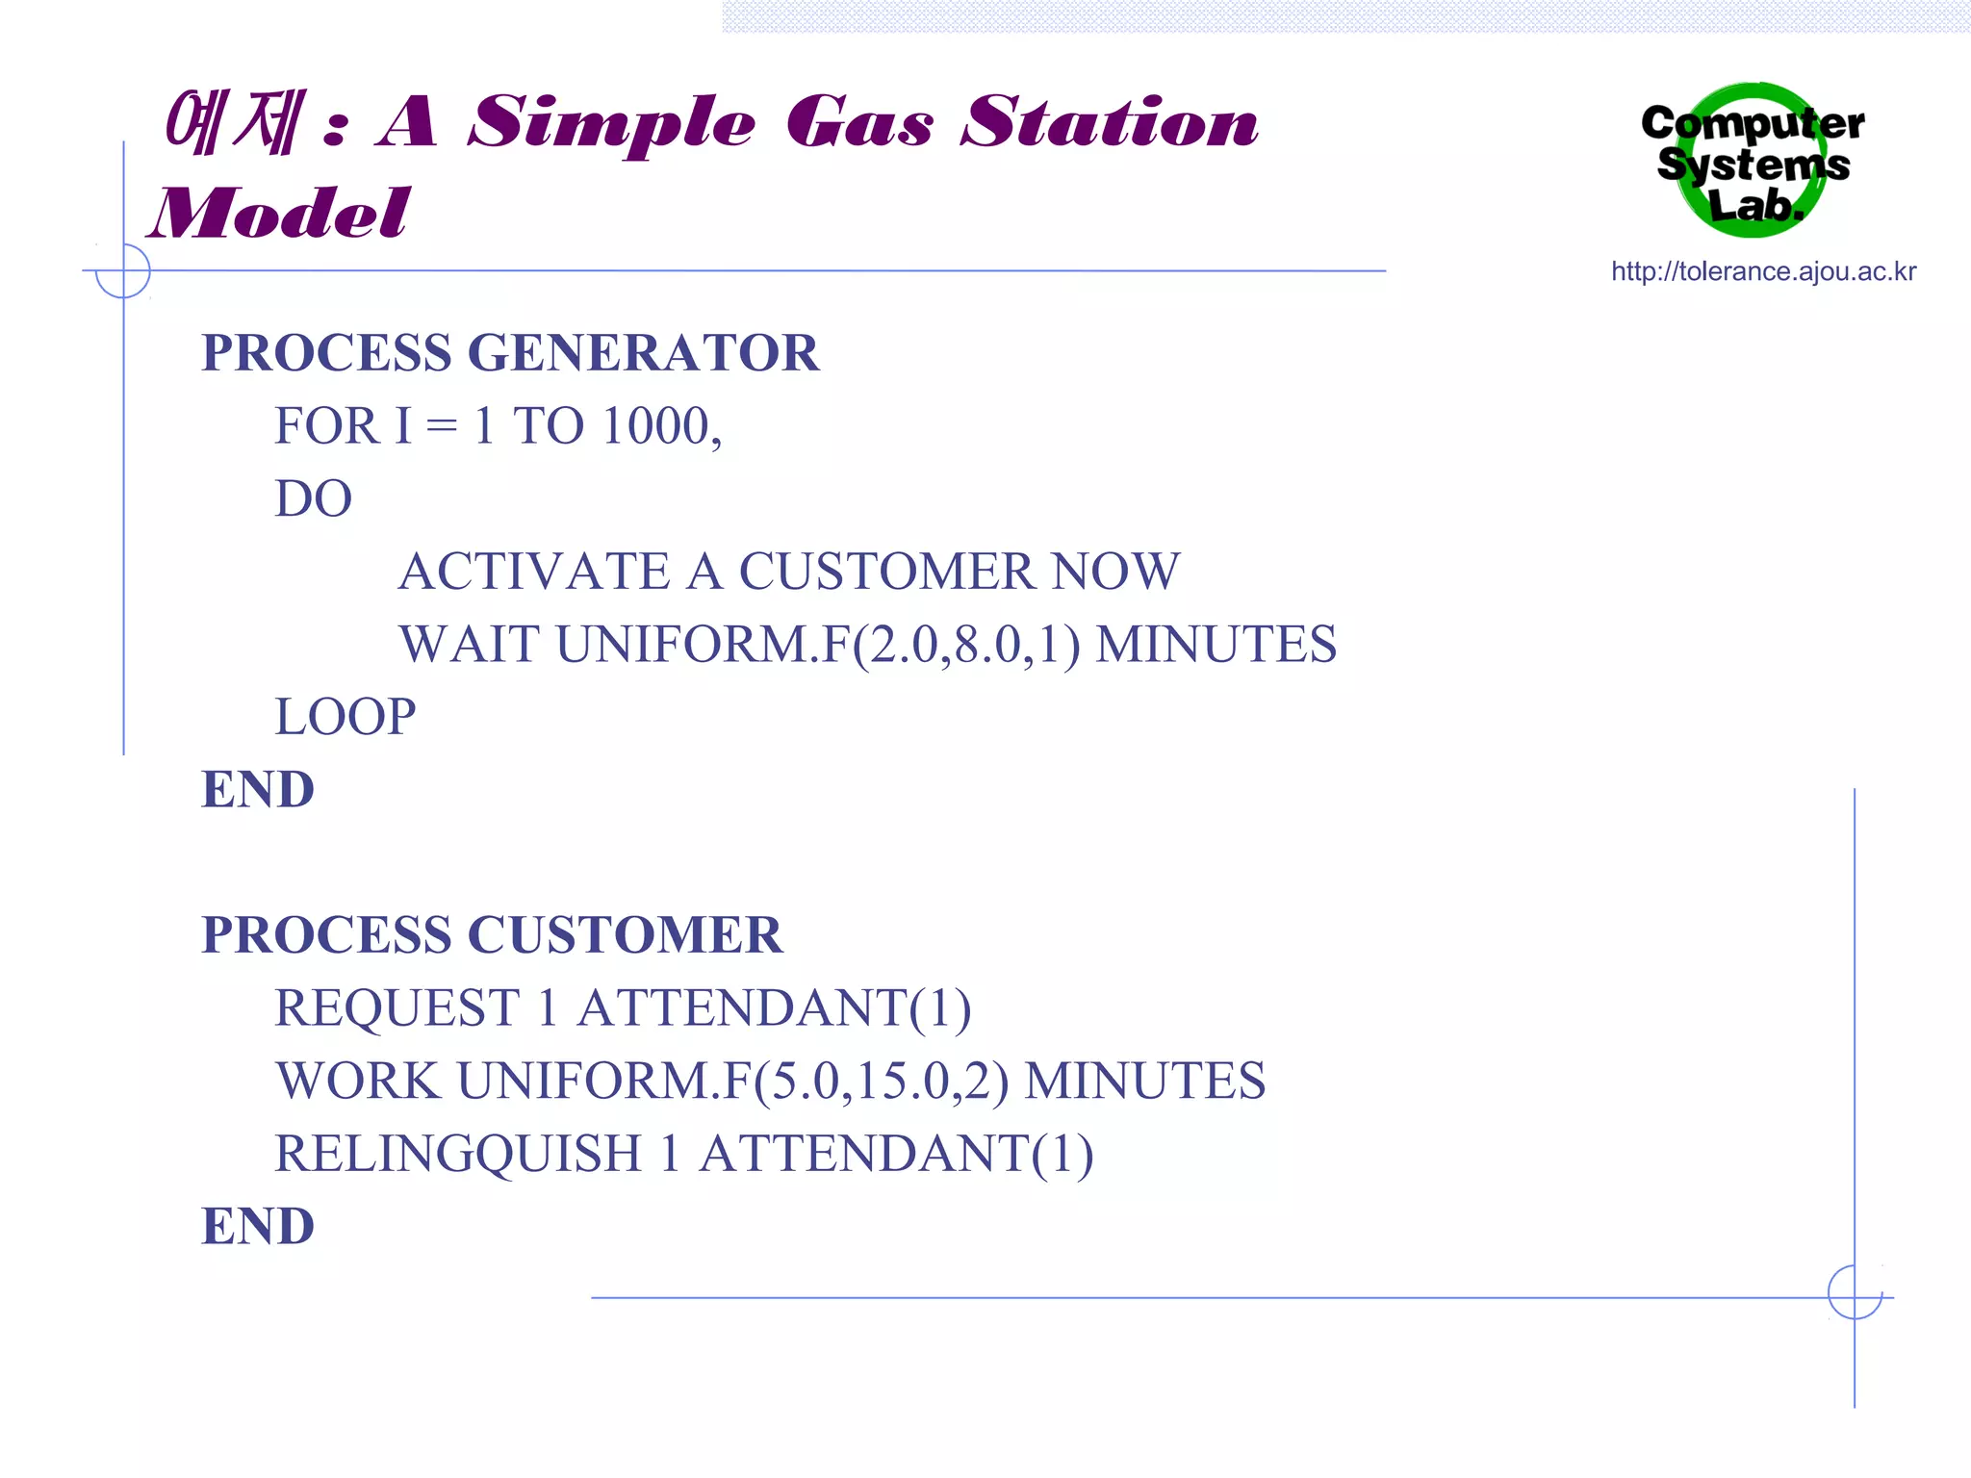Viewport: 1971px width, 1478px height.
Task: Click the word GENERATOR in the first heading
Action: (x=643, y=353)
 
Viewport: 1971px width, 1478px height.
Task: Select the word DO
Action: (x=313, y=499)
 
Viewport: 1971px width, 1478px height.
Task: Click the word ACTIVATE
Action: (x=534, y=572)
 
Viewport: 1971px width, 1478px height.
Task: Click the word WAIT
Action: (x=469, y=645)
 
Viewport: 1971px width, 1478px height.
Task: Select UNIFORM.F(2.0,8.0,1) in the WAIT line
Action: (x=818, y=645)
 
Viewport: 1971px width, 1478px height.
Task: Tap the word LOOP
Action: (x=345, y=717)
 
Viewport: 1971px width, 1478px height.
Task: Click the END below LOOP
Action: (x=258, y=790)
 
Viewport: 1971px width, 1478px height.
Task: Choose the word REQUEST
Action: (x=397, y=1008)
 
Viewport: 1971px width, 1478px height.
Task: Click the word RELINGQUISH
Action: (x=458, y=1154)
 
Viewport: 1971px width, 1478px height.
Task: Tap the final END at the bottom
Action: (x=258, y=1227)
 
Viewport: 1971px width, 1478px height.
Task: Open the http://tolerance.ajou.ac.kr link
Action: (x=1763, y=272)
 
